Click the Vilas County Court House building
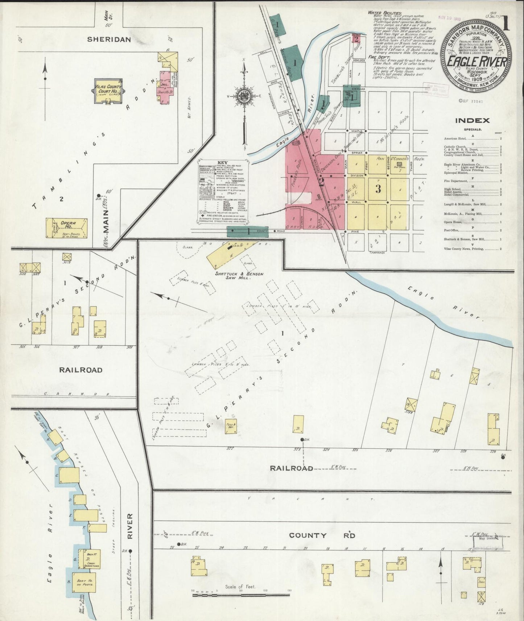pos(108,91)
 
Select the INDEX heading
pos(472,121)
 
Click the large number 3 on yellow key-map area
pos(378,189)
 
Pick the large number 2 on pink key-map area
pos(321,182)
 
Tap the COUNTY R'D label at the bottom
pos(322,535)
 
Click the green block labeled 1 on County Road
pos(248,232)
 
